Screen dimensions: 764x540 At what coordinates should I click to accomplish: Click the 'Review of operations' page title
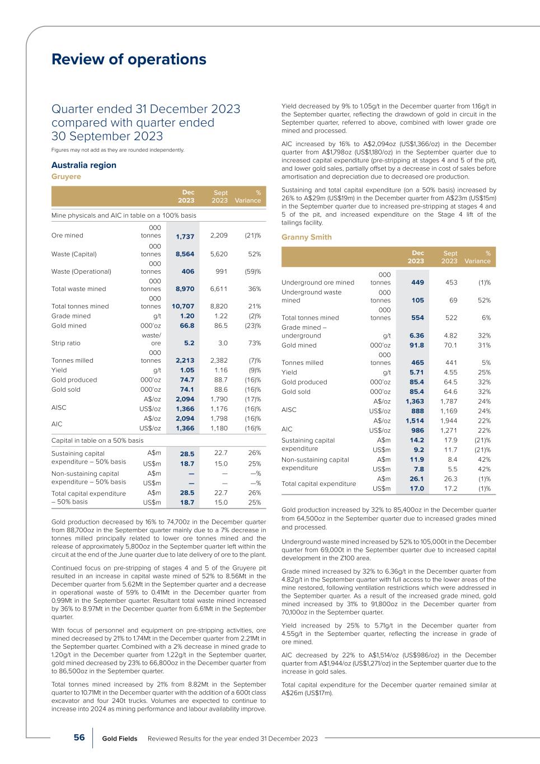[x=129, y=59]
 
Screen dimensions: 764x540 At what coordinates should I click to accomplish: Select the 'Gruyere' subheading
[x=66, y=176]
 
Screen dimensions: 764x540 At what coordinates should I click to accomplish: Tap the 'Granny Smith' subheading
[x=306, y=237]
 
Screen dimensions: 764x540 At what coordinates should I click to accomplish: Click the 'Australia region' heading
[x=84, y=165]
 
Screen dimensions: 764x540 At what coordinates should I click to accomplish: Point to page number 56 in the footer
[x=79, y=738]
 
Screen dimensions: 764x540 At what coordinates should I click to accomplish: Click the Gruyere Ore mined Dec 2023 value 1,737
[x=185, y=236]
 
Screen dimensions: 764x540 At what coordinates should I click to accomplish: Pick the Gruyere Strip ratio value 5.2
[x=189, y=343]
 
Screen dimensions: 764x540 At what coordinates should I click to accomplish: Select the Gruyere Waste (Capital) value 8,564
[x=185, y=254]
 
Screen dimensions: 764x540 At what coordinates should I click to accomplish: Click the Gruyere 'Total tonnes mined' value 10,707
[x=183, y=306]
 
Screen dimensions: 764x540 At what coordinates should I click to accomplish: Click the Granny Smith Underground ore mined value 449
[x=417, y=283]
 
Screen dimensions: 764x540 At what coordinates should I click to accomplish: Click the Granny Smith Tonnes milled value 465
[x=417, y=363]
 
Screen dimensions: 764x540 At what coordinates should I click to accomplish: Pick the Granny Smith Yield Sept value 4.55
[x=450, y=372]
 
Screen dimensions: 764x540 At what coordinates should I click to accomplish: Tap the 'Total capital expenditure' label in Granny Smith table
[x=318, y=484]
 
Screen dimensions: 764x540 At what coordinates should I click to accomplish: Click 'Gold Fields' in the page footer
[x=120, y=739]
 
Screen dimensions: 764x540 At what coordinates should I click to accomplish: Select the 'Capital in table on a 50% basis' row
[x=97, y=440]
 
